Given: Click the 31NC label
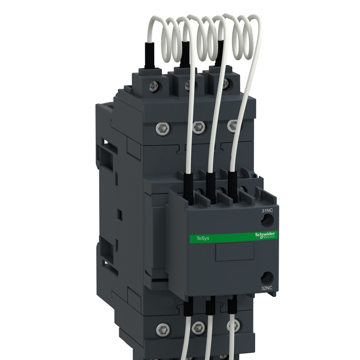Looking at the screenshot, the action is point(267,211).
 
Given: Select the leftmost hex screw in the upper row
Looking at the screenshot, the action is point(163,128).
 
